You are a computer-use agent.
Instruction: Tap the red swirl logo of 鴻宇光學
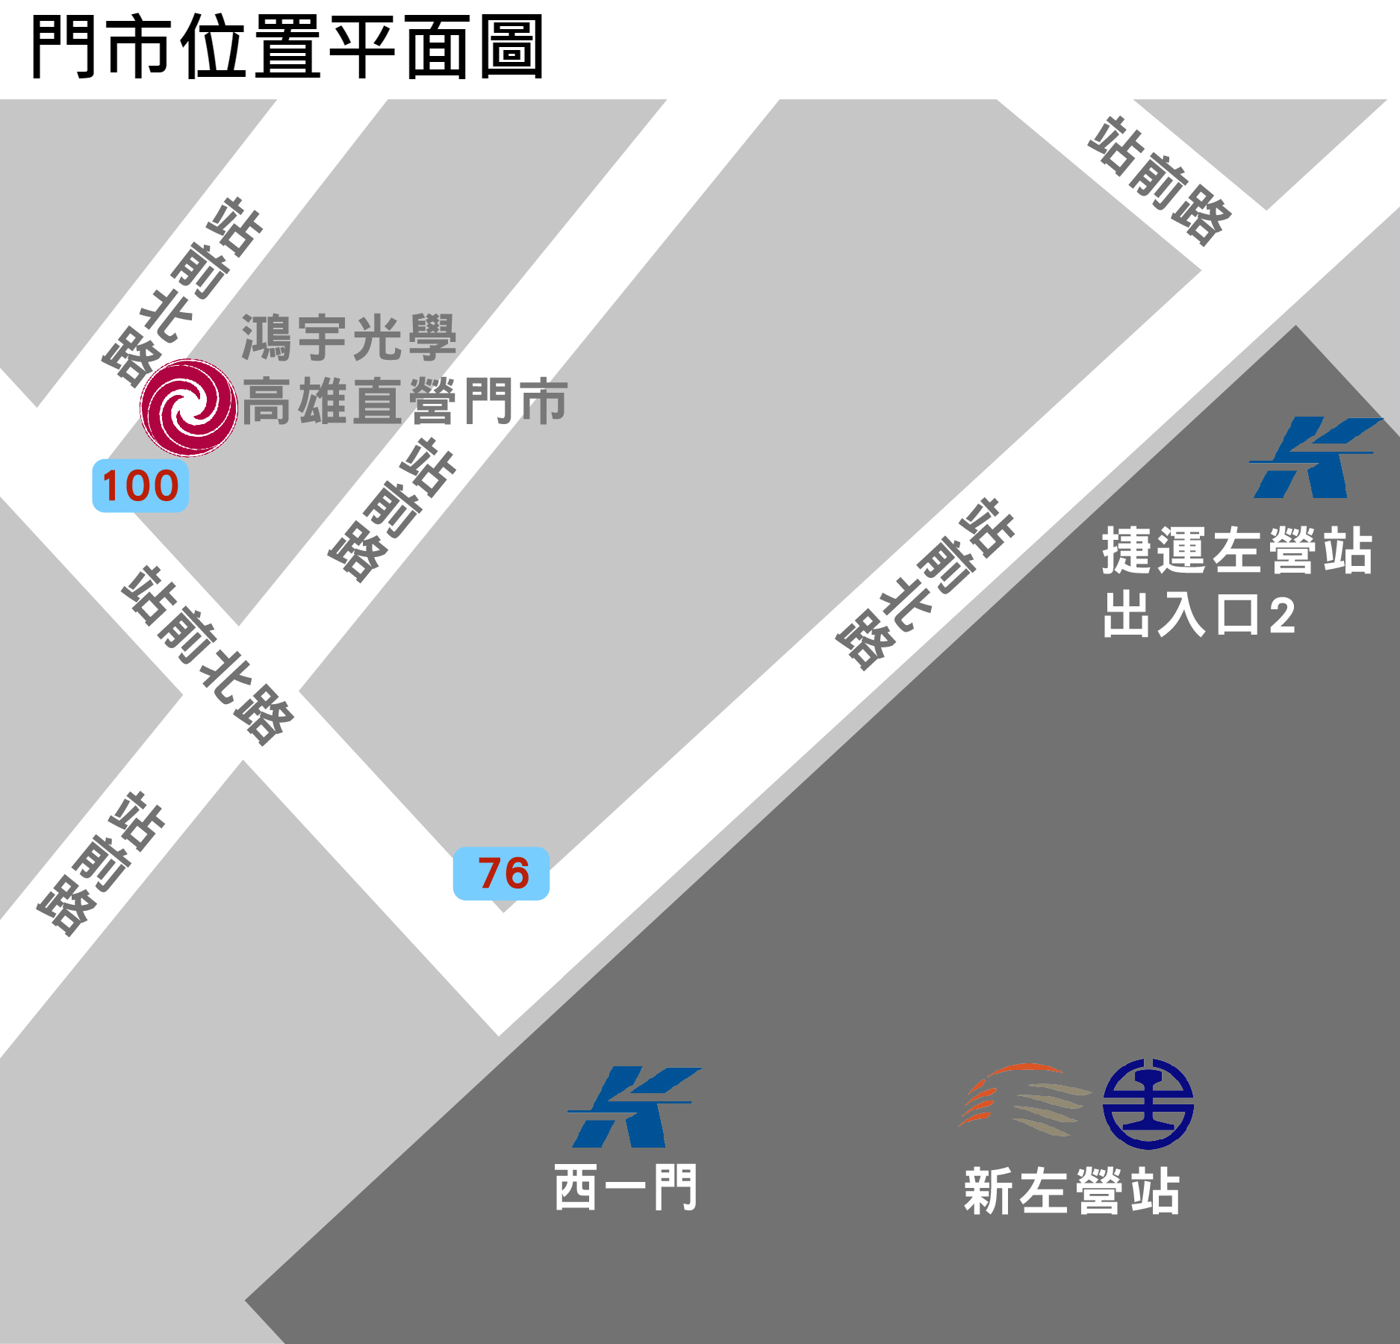[x=189, y=408]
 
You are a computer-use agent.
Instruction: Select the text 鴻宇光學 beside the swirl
[x=349, y=338]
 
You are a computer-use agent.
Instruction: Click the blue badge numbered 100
[x=140, y=486]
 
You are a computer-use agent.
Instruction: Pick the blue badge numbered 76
[x=502, y=873]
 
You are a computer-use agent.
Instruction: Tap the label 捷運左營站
[x=1237, y=550]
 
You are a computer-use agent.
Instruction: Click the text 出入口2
[x=1198, y=615]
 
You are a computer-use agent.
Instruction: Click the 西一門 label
[x=626, y=1187]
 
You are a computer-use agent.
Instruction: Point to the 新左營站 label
[x=1072, y=1192]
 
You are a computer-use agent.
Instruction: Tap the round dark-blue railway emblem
[x=1148, y=1104]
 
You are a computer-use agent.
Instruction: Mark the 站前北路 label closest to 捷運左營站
[x=924, y=584]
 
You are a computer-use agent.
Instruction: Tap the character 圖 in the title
[x=511, y=48]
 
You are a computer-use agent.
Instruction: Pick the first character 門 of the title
[x=63, y=48]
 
